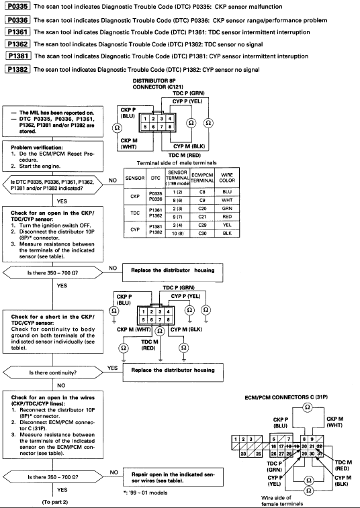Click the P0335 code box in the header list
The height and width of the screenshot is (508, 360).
click(x=18, y=6)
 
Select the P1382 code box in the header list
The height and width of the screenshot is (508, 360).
click(x=18, y=69)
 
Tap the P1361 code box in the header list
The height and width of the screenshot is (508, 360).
click(x=18, y=32)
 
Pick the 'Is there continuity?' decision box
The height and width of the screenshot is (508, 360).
click(x=53, y=372)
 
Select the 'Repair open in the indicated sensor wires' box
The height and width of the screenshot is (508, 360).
click(x=173, y=477)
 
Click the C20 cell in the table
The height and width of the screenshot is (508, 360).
click(x=202, y=209)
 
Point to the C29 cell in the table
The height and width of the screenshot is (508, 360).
click(x=202, y=225)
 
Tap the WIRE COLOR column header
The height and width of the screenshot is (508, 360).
click(x=227, y=178)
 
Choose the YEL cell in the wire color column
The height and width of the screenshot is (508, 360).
click(x=227, y=225)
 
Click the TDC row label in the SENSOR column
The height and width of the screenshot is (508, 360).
click(x=135, y=213)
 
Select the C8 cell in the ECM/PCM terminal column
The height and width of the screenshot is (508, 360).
click(x=202, y=192)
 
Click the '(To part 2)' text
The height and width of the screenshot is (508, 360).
click(x=55, y=502)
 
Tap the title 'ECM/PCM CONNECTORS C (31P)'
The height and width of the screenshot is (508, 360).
click(x=281, y=397)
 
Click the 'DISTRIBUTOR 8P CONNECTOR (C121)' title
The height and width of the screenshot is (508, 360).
click(x=158, y=84)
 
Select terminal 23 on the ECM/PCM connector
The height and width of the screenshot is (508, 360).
click(x=243, y=454)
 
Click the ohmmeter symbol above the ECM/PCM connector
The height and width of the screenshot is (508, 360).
click(x=308, y=407)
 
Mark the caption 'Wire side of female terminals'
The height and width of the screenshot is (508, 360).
click(x=282, y=501)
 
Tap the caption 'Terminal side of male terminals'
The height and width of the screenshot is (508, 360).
click(x=177, y=162)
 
